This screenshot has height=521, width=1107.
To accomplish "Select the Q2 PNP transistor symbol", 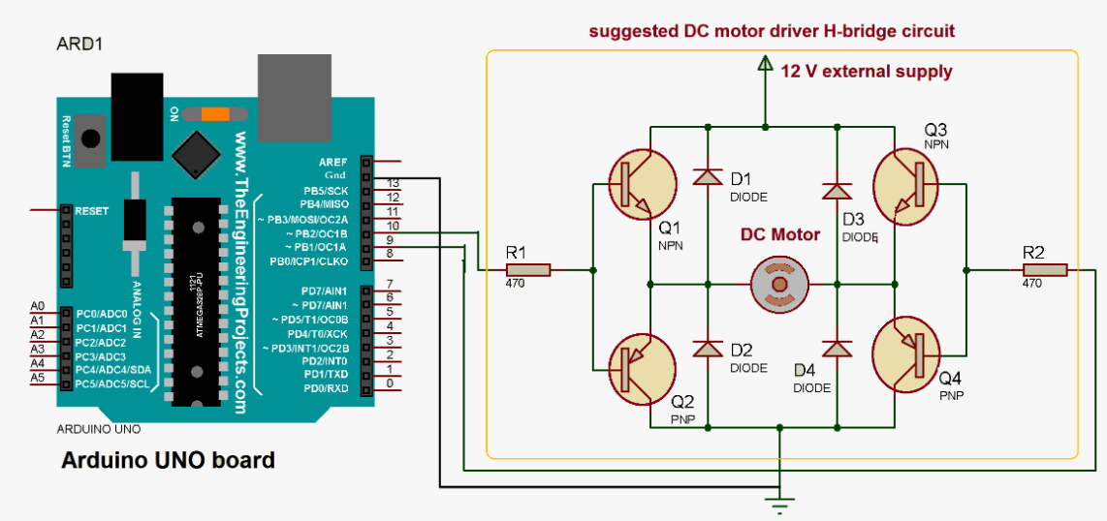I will (x=643, y=369).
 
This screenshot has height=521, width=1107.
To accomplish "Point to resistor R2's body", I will (x=1045, y=270).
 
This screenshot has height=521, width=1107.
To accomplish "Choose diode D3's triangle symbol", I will (x=836, y=191).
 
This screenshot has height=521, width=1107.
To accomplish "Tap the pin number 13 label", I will (x=392, y=182).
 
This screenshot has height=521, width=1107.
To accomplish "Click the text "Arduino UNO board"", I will (x=168, y=460).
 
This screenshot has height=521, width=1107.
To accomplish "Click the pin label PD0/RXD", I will (x=328, y=389).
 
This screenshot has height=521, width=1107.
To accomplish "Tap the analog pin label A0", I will (x=38, y=306).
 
